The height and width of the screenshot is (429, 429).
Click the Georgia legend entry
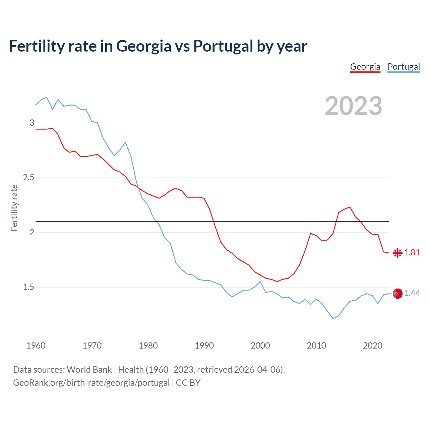(x=365, y=67)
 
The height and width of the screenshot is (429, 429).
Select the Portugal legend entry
(x=404, y=67)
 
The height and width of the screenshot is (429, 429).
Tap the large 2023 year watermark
(x=353, y=106)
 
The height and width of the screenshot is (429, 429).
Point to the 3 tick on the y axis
(x=32, y=123)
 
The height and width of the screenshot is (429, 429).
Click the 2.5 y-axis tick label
(x=29, y=177)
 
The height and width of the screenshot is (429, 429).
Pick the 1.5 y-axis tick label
(x=29, y=287)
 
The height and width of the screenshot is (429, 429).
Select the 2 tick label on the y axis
(x=32, y=232)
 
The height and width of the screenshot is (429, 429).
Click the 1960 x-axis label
(x=36, y=346)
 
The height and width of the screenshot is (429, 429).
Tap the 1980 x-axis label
(x=148, y=346)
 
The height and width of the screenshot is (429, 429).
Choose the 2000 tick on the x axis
(x=260, y=346)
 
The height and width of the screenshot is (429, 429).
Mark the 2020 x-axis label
(x=372, y=346)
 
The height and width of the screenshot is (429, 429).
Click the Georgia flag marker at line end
(x=397, y=253)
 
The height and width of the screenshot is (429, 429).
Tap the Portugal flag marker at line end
(x=397, y=294)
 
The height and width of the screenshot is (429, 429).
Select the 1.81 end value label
(x=412, y=253)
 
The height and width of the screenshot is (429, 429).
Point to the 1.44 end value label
(x=412, y=293)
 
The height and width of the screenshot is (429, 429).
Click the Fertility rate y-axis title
(x=14, y=208)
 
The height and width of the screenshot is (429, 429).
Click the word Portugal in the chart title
(x=223, y=46)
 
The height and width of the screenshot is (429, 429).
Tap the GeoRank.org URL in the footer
(x=91, y=383)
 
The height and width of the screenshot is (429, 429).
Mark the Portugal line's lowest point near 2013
(x=333, y=318)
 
